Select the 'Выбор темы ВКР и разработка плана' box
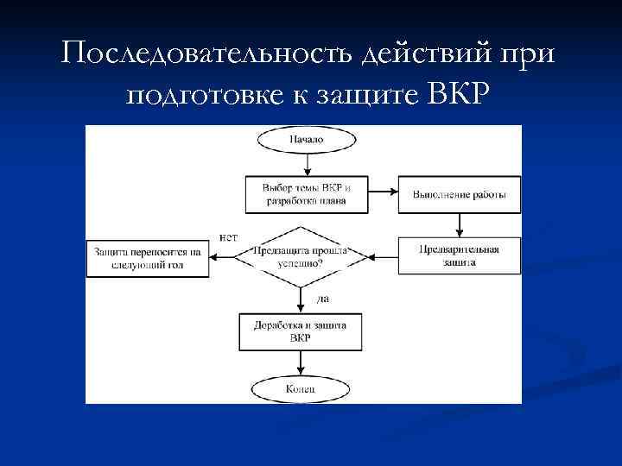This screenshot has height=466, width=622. point(295,194)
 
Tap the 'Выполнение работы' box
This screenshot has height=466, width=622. point(459,194)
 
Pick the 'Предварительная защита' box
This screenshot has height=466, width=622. point(459,255)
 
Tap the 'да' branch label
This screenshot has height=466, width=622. point(323,299)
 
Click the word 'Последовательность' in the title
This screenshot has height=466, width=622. point(204,55)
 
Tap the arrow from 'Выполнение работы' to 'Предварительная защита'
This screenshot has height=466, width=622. point(459,224)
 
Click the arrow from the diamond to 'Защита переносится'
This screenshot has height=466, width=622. point(230,255)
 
